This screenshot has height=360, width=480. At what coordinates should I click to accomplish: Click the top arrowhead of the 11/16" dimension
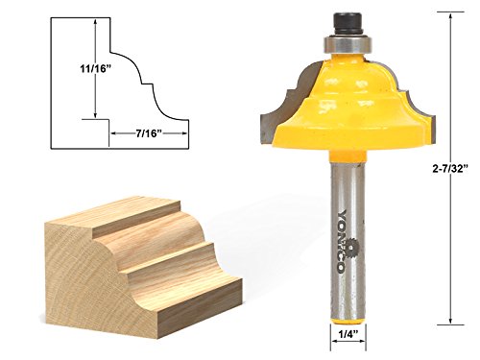pyautogui.click(x=94, y=27)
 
